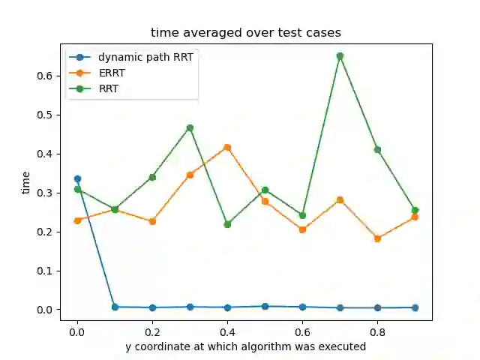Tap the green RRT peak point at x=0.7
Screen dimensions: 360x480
340,56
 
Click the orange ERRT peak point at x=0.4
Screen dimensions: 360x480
227,148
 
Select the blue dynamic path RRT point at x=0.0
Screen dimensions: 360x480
77,179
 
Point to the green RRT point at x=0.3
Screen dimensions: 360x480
190,128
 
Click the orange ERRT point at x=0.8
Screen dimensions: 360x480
377,238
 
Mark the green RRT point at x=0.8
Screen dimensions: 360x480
377,149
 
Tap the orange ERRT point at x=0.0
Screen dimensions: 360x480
77,220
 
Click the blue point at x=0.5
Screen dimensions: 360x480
265,307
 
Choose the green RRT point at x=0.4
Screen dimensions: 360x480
227,224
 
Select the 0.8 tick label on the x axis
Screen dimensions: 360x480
377,330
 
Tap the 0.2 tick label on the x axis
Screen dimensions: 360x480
152,330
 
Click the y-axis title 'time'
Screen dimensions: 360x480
26,182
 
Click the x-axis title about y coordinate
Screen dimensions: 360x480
245,346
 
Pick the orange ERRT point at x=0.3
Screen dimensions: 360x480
190,175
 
